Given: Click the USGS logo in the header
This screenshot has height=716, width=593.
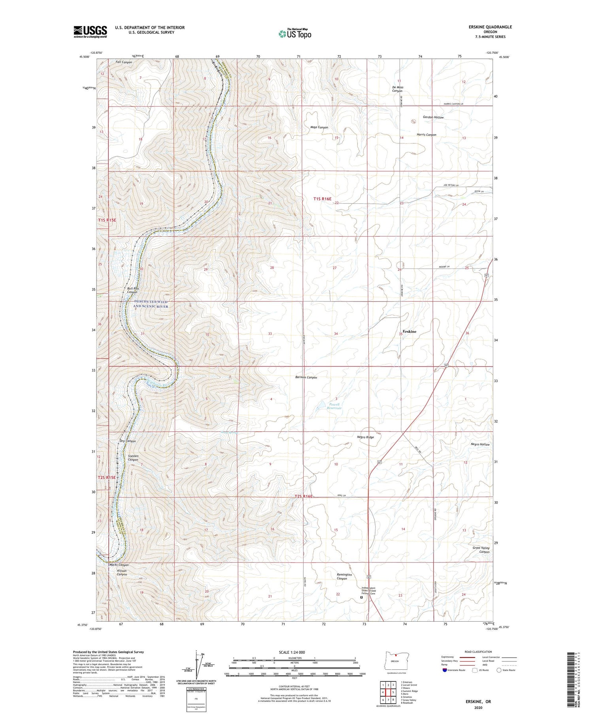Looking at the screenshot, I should click(x=90, y=32).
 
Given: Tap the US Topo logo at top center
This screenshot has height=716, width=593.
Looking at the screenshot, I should click(x=295, y=34).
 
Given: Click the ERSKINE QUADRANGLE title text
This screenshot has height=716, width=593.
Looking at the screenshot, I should click(x=490, y=27).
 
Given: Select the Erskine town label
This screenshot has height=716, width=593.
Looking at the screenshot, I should click(x=409, y=331).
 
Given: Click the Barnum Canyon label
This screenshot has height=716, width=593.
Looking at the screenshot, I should click(x=306, y=377).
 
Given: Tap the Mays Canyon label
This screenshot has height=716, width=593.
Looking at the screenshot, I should click(x=319, y=127).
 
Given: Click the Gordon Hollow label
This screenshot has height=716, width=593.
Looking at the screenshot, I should click(x=433, y=117).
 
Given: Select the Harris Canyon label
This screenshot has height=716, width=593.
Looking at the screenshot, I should click(x=426, y=135).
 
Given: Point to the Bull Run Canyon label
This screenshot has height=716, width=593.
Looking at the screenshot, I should click(x=132, y=290).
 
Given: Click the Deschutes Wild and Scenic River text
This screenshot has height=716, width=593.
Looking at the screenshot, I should click(x=150, y=304).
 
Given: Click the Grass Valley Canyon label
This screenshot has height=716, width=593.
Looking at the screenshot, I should click(x=481, y=550).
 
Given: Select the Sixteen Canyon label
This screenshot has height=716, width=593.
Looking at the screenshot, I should click(x=133, y=458).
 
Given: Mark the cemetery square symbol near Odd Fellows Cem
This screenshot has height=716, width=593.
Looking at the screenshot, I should click(x=361, y=598).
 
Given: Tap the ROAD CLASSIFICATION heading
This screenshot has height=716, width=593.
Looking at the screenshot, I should click(x=478, y=652).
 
